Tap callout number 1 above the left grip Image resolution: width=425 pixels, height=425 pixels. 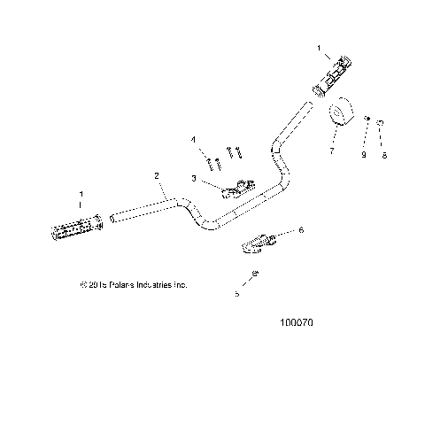82,194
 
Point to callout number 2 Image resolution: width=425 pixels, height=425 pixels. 157,176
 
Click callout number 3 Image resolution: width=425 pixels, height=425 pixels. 193,178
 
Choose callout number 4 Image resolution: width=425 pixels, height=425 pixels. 193,139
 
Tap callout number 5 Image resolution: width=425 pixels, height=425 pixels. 236,294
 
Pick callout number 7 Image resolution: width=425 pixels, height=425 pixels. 331,153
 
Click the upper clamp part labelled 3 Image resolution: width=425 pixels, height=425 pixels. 236,188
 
